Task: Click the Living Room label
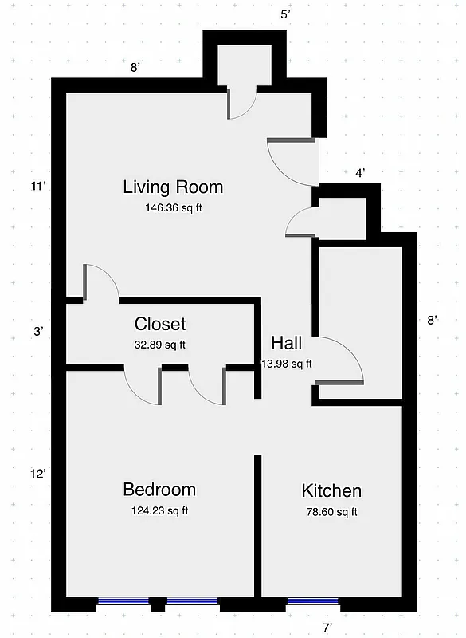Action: click(x=173, y=187)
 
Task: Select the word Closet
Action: click(x=160, y=324)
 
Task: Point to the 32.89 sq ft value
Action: click(x=160, y=345)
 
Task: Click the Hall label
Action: click(x=287, y=343)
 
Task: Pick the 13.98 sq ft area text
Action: click(x=287, y=364)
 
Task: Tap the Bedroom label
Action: click(x=159, y=490)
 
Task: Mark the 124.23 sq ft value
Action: click(x=159, y=510)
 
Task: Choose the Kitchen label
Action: click(x=331, y=490)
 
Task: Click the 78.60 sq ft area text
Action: click(x=331, y=512)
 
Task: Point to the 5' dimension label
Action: click(x=285, y=15)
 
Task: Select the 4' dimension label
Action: click(x=360, y=172)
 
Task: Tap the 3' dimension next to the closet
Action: click(x=39, y=331)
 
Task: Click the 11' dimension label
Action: click(x=39, y=187)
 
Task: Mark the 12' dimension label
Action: click(x=39, y=473)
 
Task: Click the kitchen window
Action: click(x=312, y=601)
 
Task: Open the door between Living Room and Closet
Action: click(x=101, y=283)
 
